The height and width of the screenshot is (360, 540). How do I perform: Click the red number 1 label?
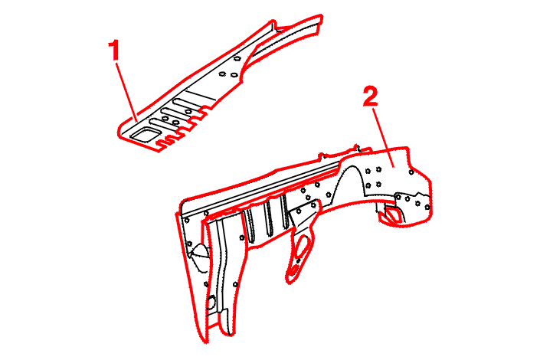pyautogui.click(x=114, y=50)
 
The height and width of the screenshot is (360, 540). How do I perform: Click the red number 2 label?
pyautogui.click(x=371, y=97)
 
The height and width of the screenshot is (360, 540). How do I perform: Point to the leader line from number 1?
pyautogui.click(x=126, y=91)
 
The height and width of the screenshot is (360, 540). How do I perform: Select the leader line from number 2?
pyautogui.click(x=383, y=137)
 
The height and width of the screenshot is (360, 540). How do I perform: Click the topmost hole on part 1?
pyautogui.click(x=237, y=59)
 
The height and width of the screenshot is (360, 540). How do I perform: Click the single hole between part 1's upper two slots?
pyautogui.click(x=188, y=111)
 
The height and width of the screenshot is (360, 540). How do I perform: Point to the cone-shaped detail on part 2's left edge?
pyautogui.click(x=199, y=251)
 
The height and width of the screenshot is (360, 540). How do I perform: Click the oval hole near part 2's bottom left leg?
pyautogui.click(x=211, y=302)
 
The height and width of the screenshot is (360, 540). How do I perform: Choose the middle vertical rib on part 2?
pyautogui.click(x=269, y=218)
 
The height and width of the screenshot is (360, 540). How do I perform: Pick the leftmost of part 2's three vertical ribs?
pyautogui.click(x=250, y=224)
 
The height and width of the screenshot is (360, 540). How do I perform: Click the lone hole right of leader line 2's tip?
pyautogui.click(x=411, y=172)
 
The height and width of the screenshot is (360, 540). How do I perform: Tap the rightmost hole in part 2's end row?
pyautogui.click(x=427, y=207)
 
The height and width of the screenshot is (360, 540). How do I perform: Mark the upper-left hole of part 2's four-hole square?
pyautogui.click(x=368, y=171)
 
